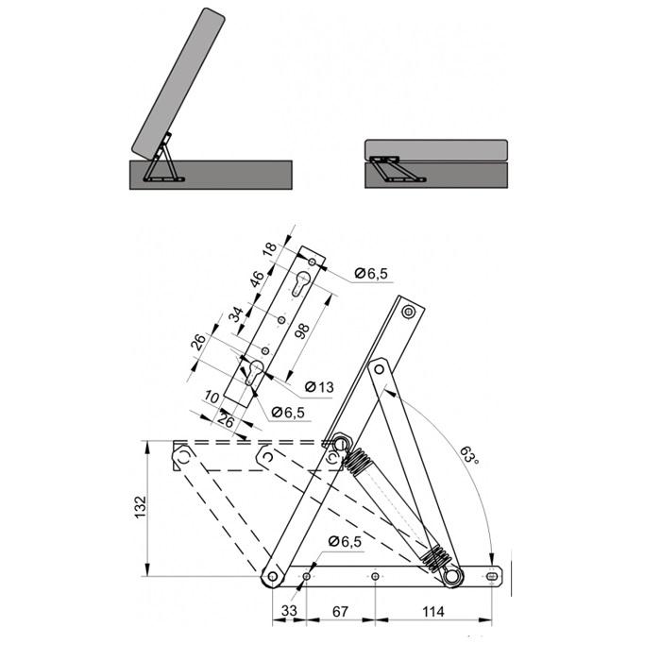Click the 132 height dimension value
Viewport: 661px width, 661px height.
[141, 507]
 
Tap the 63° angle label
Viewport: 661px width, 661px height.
[469, 455]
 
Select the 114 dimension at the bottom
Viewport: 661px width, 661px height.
[432, 611]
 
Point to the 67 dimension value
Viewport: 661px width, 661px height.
[340, 611]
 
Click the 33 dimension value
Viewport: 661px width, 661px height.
[289, 610]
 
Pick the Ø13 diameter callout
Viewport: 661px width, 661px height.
[319, 386]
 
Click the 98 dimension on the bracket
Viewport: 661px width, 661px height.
[302, 331]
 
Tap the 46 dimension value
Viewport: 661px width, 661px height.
[257, 280]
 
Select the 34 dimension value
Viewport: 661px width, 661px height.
[236, 314]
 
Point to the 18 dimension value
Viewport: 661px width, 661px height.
[270, 248]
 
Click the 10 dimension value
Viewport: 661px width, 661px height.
[212, 397]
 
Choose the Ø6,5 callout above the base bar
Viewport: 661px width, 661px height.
[346, 542]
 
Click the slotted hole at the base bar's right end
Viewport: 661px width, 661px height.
[492, 576]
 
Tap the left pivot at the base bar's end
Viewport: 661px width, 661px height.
[272, 576]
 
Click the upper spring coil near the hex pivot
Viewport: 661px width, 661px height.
[356, 462]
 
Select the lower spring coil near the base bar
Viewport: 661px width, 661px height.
[435, 560]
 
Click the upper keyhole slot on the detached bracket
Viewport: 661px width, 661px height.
[300, 282]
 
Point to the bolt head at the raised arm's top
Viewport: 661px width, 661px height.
[408, 312]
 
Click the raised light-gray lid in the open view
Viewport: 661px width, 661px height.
[178, 83]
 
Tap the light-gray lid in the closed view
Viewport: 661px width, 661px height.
[436, 150]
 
